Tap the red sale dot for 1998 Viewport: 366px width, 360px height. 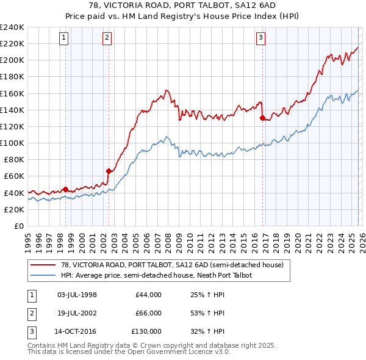(65, 189)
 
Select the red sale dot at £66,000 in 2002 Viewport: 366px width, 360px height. (109, 171)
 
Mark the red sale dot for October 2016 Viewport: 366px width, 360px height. (262, 118)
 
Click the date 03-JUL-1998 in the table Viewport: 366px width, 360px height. (77, 295)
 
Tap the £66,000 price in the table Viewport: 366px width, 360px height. (148, 313)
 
